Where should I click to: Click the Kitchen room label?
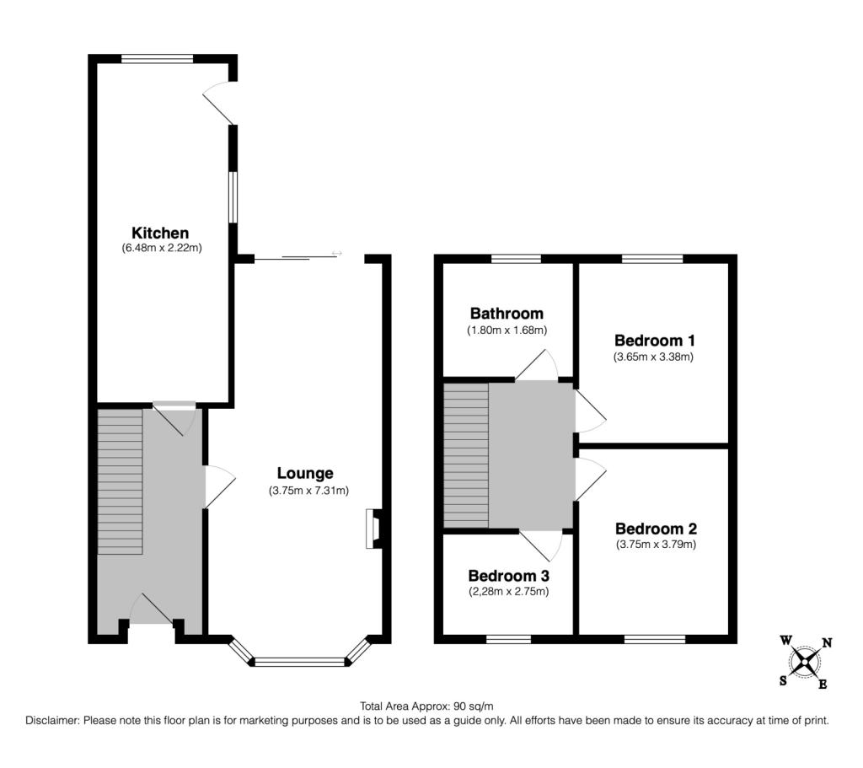(160, 233)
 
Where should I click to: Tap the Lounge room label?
(305, 473)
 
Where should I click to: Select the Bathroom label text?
(507, 314)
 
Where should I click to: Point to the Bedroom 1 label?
(654, 341)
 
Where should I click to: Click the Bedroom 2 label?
(656, 529)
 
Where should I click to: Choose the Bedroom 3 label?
(508, 576)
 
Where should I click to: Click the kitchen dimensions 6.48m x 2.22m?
(162, 248)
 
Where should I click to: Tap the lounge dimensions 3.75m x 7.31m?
(308, 490)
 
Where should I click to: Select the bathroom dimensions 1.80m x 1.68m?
(507, 330)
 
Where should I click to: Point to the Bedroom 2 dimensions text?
(656, 545)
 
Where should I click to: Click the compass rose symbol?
(806, 661)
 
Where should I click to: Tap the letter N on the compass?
(827, 642)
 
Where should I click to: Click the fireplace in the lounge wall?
(373, 529)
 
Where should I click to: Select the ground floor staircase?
(121, 481)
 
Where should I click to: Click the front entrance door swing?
(152, 609)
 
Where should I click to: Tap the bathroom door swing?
(537, 364)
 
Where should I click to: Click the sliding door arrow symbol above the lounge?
(337, 253)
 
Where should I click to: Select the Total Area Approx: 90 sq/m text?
(426, 706)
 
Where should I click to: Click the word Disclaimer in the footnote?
(53, 720)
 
